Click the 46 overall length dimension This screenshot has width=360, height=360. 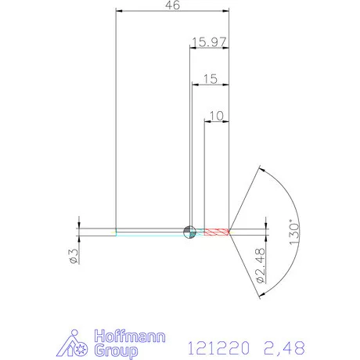click(x=172, y=5)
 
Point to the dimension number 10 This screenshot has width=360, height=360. click(x=217, y=115)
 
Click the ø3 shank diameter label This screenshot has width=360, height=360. click(x=72, y=256)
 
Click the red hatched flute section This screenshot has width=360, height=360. click(x=214, y=231)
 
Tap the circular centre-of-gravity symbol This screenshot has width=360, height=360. click(x=188, y=231)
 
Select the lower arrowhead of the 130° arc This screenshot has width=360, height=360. click(x=260, y=293)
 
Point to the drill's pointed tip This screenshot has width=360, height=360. click(x=231, y=231)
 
